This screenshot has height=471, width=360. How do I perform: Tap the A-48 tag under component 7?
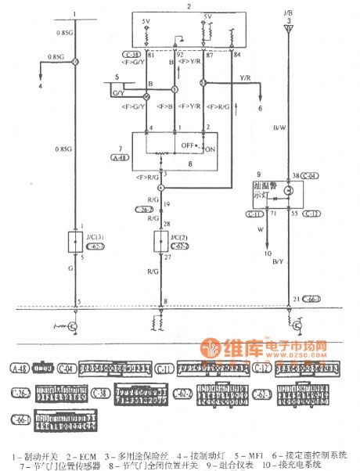(120, 156)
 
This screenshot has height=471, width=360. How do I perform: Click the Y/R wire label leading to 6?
(244, 78)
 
